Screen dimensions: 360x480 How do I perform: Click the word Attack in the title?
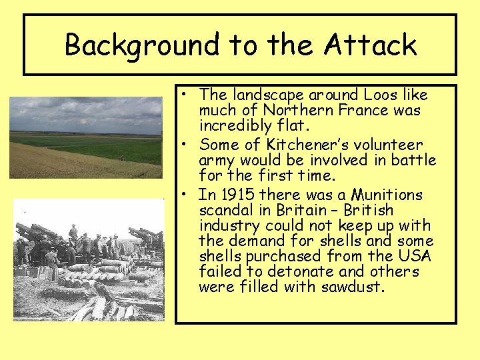[371, 45]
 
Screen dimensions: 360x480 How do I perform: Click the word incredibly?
[233, 126]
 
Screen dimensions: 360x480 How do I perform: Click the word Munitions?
[387, 195]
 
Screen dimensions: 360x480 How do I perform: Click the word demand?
[251, 241]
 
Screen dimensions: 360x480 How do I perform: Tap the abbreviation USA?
[415, 256]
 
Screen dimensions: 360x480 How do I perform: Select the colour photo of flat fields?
[85, 137]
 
